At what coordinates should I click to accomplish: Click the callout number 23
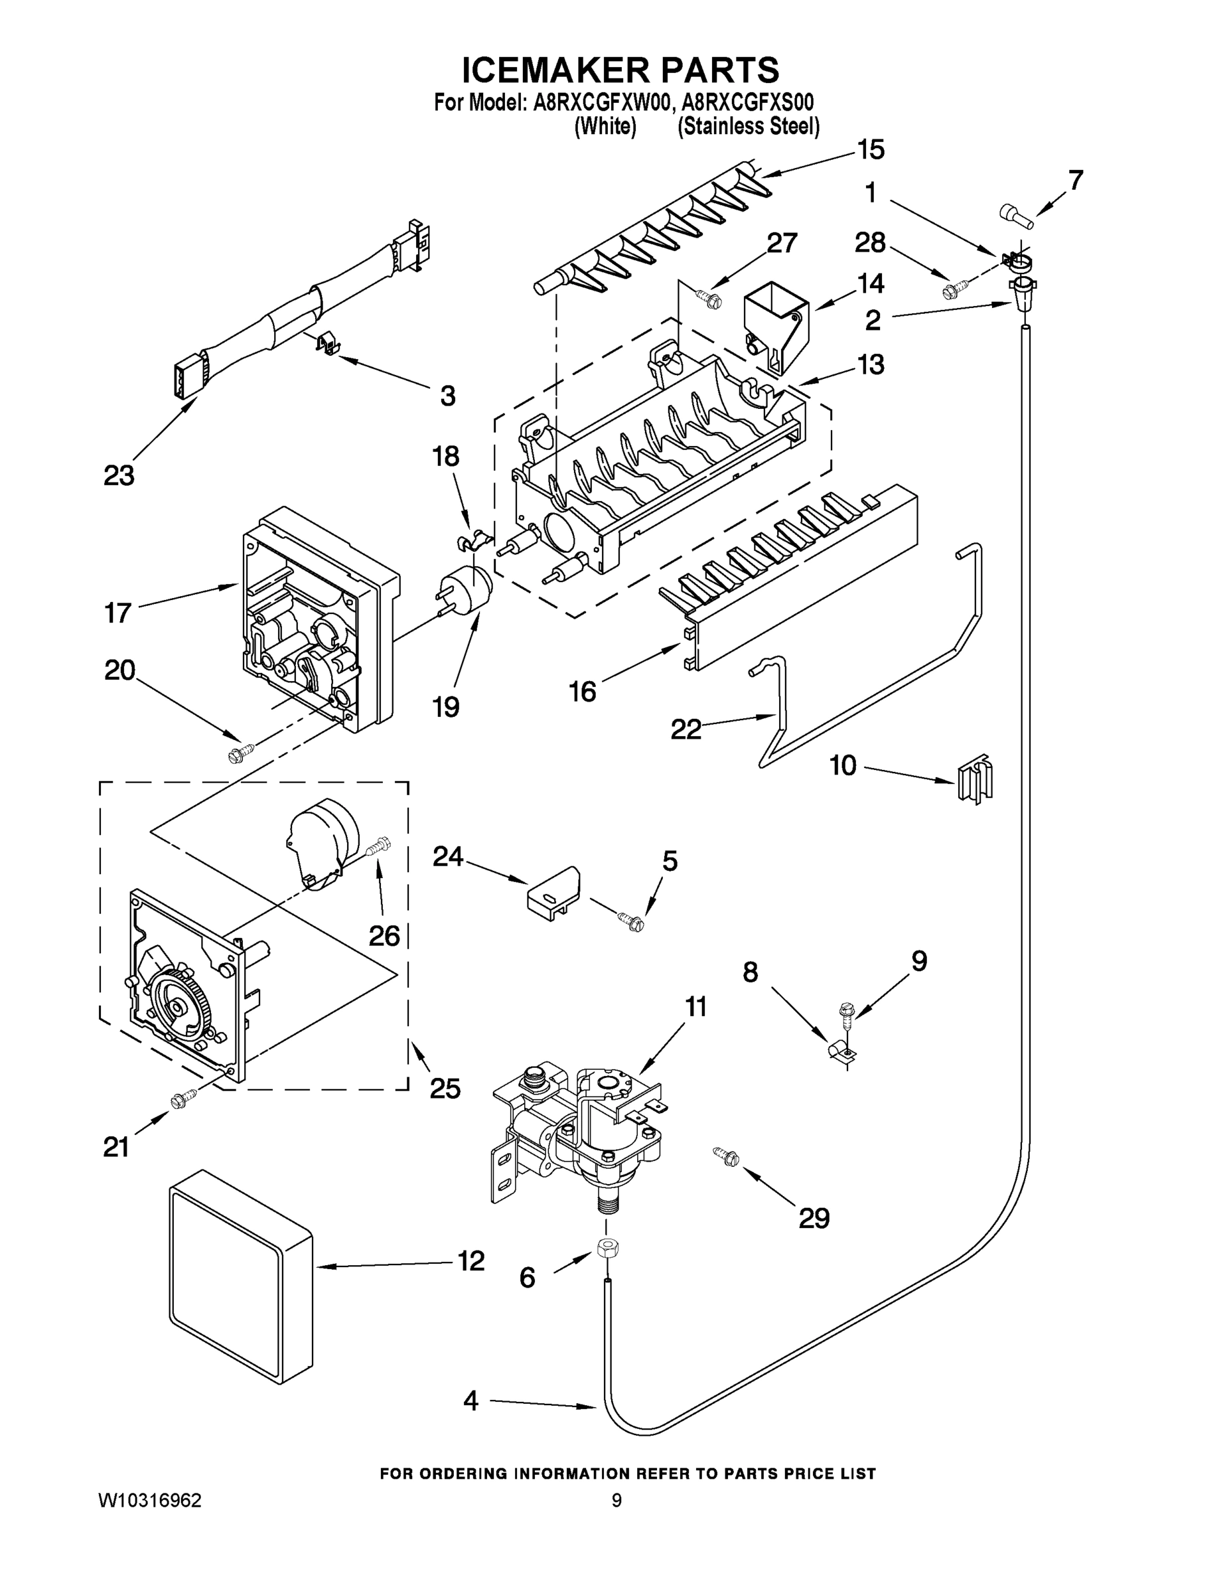tap(119, 475)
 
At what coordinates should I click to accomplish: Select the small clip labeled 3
tap(328, 342)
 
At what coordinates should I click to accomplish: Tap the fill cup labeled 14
tap(774, 326)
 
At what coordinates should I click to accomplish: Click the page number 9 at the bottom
tap(616, 1500)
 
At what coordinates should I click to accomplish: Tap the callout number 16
tap(582, 691)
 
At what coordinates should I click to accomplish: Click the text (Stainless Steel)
tap(749, 127)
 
